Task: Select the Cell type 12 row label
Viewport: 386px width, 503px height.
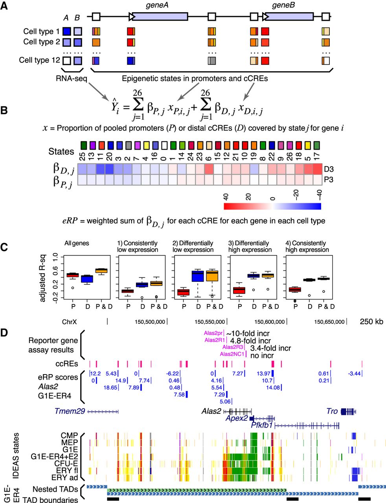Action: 40,61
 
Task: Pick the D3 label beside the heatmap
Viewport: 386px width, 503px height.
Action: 329,169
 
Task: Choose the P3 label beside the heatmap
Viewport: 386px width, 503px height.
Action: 329,180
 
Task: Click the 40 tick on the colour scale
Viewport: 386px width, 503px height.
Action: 226,196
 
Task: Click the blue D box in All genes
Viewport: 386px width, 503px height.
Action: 86,279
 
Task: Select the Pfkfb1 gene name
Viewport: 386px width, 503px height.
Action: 262,425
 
